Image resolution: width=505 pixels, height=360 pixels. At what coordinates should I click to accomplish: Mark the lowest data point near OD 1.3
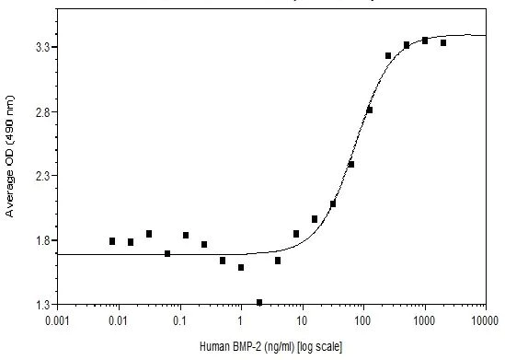[259, 302]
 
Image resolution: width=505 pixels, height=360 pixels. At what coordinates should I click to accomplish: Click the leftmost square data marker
[112, 241]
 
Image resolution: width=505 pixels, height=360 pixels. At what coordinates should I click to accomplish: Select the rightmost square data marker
[443, 43]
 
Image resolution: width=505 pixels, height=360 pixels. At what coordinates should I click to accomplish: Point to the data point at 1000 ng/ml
[425, 41]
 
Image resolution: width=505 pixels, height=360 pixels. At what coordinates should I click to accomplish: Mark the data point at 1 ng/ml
[241, 268]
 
